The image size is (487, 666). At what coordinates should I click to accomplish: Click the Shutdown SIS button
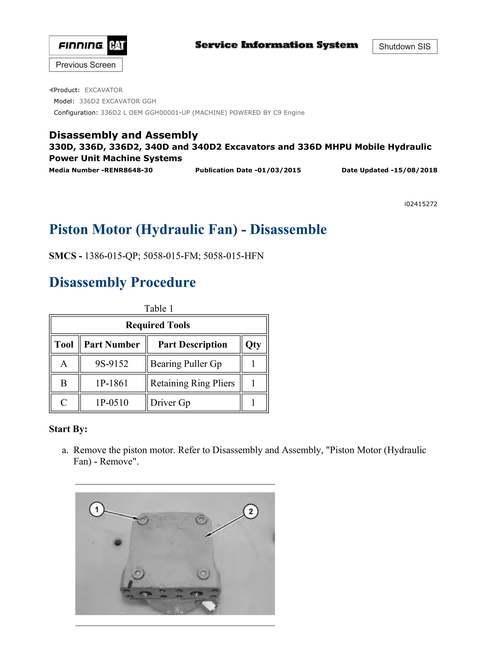[404, 47]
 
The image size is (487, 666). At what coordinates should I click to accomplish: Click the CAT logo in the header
[117, 45]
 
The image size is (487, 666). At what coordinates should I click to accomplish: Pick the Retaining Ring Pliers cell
[193, 383]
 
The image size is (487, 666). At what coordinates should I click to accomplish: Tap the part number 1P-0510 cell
[112, 402]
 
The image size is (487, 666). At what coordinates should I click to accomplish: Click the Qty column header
[253, 344]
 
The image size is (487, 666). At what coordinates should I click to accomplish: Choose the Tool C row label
[64, 402]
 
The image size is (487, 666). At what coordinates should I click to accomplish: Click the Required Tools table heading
[158, 325]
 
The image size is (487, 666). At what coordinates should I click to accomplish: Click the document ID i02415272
[421, 204]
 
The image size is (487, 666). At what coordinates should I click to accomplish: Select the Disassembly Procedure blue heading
[122, 282]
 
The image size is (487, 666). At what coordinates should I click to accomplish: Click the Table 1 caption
[159, 309]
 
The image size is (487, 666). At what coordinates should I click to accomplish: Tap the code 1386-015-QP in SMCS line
[112, 256]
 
